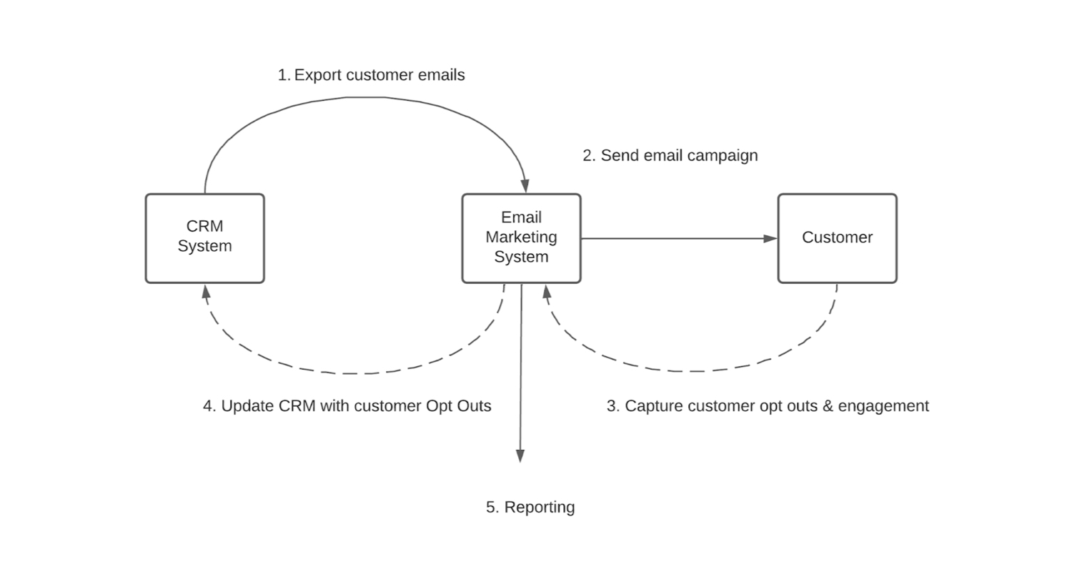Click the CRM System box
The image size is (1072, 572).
(205, 238)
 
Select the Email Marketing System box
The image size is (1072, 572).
(521, 238)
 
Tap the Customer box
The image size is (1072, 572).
(837, 238)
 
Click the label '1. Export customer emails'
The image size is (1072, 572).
(371, 75)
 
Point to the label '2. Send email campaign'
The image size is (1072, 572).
(670, 155)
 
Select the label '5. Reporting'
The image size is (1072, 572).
(530, 507)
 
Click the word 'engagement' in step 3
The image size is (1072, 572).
(883, 406)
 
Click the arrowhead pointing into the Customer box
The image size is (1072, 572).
(770, 238)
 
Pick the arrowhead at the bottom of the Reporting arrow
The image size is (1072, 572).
(520, 455)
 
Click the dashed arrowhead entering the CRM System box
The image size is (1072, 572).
(206, 291)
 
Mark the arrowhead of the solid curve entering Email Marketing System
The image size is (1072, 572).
(525, 186)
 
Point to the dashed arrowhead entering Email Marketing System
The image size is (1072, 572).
(547, 291)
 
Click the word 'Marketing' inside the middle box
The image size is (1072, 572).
(521, 237)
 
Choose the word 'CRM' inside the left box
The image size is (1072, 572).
(204, 226)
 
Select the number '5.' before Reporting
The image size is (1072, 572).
(492, 507)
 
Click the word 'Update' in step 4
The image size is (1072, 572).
(247, 406)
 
